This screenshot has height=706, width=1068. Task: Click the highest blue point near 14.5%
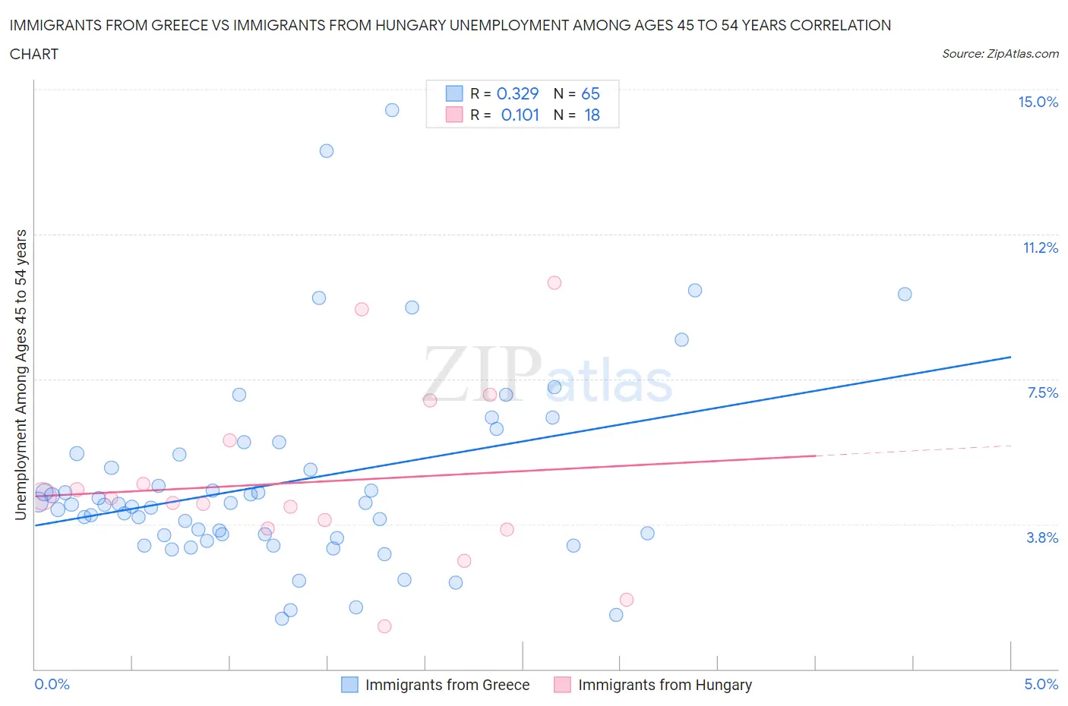point(392,110)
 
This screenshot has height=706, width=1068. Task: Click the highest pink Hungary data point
point(555,282)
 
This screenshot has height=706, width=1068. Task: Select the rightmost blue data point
point(905,294)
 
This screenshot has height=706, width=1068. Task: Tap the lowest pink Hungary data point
point(384,626)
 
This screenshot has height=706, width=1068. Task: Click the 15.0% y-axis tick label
point(1038,102)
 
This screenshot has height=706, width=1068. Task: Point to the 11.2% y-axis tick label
point(1040,247)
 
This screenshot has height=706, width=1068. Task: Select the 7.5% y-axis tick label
point(1042,392)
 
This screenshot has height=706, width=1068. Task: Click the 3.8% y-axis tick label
point(1042,537)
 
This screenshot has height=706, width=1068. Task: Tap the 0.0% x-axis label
point(52,684)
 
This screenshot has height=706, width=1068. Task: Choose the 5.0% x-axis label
point(1041,684)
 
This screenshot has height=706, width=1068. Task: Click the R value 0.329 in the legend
point(517,93)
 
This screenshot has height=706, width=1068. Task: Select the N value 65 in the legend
point(590,93)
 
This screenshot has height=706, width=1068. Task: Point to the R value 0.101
point(520,115)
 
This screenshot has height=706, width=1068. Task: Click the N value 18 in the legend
point(592,115)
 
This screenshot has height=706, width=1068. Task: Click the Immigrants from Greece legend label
point(447,685)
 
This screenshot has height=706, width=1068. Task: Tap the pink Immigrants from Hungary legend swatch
point(562,685)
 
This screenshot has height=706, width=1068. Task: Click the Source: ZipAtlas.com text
point(1000,53)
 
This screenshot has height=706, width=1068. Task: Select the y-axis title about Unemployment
point(21,374)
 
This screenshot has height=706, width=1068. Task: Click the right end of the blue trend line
point(1010,357)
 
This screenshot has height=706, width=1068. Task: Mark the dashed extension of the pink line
point(912,450)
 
